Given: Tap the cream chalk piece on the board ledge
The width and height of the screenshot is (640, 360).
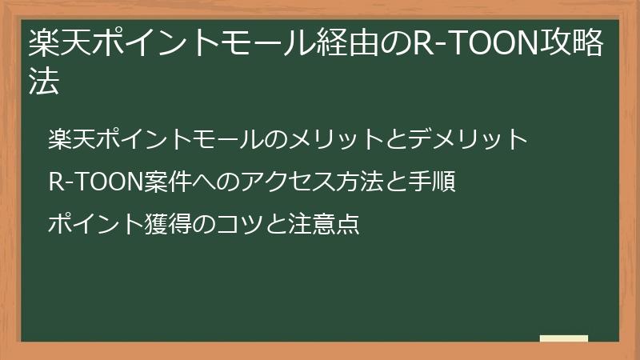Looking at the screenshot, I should tap(563, 338).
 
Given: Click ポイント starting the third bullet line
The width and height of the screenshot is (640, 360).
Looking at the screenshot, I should tap(94, 226).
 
